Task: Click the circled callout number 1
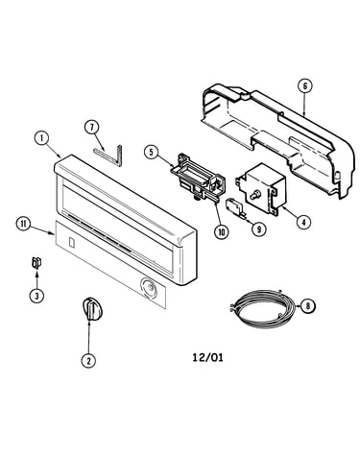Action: click(x=41, y=138)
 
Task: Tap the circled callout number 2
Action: click(x=88, y=361)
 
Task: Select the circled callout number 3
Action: click(x=36, y=296)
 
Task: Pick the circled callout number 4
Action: click(x=303, y=221)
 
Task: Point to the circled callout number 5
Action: click(x=151, y=152)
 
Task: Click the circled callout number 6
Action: click(x=304, y=85)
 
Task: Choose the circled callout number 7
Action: click(x=92, y=127)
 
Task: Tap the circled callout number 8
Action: click(x=308, y=306)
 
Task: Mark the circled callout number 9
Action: click(x=258, y=228)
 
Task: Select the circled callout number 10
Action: click(x=222, y=231)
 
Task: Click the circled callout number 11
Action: click(x=23, y=224)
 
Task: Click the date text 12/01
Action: click(x=207, y=357)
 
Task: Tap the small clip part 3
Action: click(x=36, y=263)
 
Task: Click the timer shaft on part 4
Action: click(x=254, y=195)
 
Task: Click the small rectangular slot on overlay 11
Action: click(x=72, y=243)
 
